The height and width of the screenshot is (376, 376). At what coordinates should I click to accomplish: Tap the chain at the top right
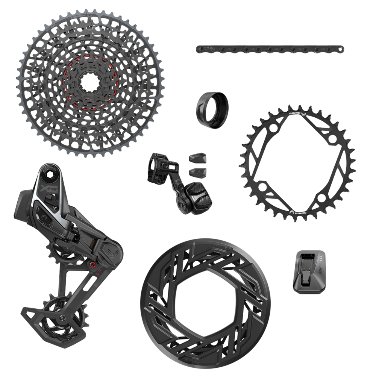click(270, 49)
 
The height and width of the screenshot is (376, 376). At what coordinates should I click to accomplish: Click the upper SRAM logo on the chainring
click(297, 111)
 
